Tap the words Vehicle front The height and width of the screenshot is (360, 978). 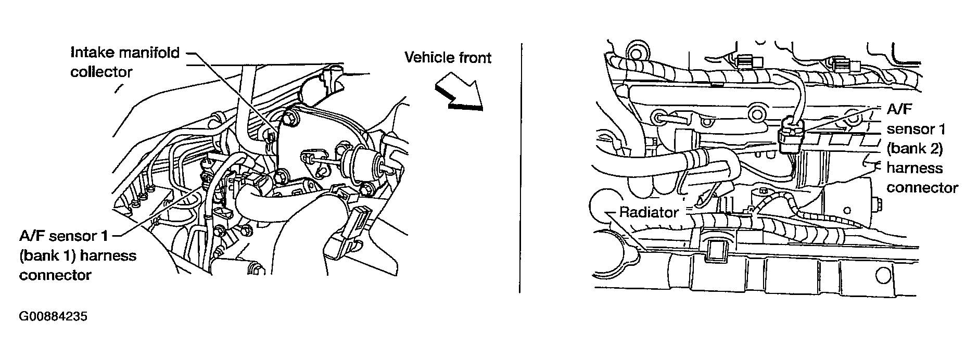[448, 57]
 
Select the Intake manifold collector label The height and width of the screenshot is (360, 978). [125, 62]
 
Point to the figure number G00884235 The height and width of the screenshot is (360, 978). [53, 317]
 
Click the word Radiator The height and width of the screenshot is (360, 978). [649, 212]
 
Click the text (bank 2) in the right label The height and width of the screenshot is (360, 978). [915, 148]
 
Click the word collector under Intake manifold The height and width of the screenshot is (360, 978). [101, 72]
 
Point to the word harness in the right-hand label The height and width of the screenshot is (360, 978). [915, 168]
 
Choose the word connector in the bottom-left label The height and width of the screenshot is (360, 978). [55, 275]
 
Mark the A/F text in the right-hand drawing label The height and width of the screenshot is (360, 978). [899, 109]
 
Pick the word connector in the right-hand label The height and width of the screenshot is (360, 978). [922, 187]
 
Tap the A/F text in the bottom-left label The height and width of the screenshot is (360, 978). [32, 236]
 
